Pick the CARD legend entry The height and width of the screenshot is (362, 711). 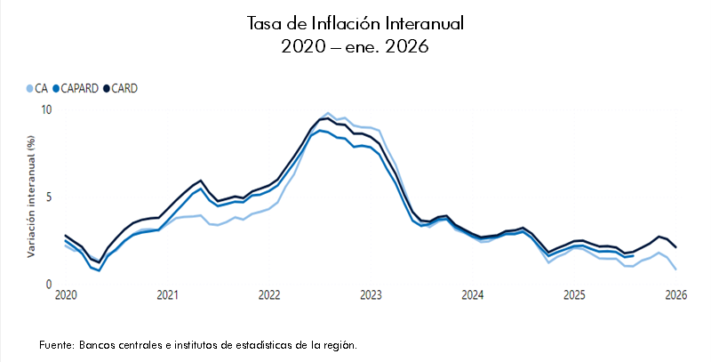122,88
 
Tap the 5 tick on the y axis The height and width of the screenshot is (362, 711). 49,197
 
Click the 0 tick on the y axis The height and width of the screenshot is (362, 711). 49,285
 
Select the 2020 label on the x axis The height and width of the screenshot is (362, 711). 65,295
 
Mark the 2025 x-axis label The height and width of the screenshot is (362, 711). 574,295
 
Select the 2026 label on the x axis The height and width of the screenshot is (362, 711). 675,295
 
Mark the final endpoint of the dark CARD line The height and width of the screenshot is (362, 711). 675,247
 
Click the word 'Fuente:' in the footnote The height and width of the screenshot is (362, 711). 57,344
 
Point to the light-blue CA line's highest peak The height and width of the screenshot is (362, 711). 329,114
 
